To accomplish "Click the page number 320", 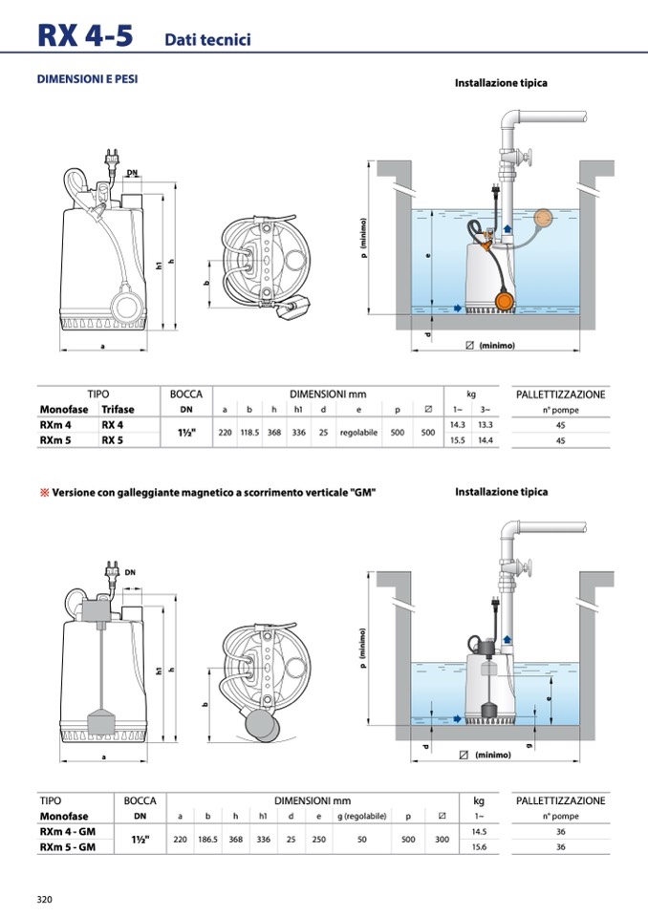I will coord(44,899).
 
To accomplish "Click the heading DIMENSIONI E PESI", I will coord(87,79).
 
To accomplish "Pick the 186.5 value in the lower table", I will coord(207,840).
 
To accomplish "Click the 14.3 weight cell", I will coord(457,424).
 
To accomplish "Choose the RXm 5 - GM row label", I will coord(67,847).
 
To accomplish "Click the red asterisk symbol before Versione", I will coord(43,493).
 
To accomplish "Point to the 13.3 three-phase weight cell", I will coord(486,424).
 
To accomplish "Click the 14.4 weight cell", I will coord(486,440).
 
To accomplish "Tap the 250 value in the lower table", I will coord(319,840).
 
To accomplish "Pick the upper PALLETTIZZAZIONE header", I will coord(560,394).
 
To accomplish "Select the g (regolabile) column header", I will coord(363,817).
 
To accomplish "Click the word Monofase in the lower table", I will coord(64,817).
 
